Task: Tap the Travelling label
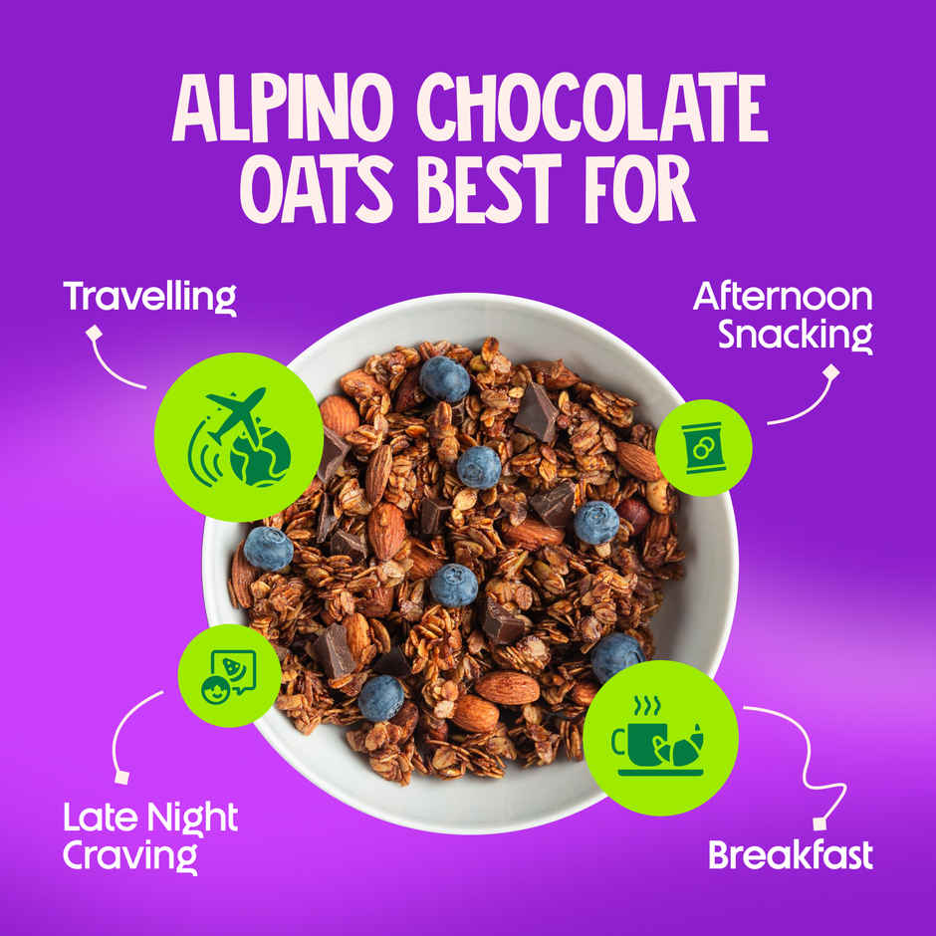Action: coord(149,296)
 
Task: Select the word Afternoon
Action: coord(783,296)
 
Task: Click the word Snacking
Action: coord(796,334)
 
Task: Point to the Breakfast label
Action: coord(791,854)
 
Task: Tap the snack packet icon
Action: coord(704,447)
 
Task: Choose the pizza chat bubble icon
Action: coord(228,675)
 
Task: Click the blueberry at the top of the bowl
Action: coord(444,379)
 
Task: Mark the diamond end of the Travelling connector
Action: coord(94,333)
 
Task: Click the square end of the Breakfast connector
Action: coord(819,822)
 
